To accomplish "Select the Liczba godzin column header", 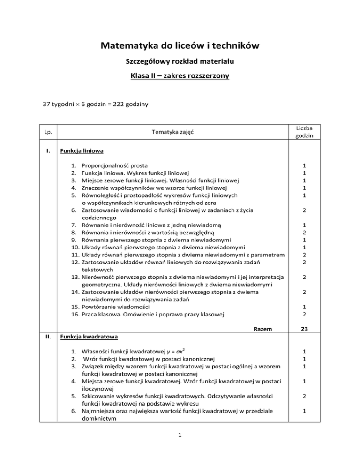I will tap(304, 133).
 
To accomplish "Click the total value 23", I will tap(304, 329).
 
